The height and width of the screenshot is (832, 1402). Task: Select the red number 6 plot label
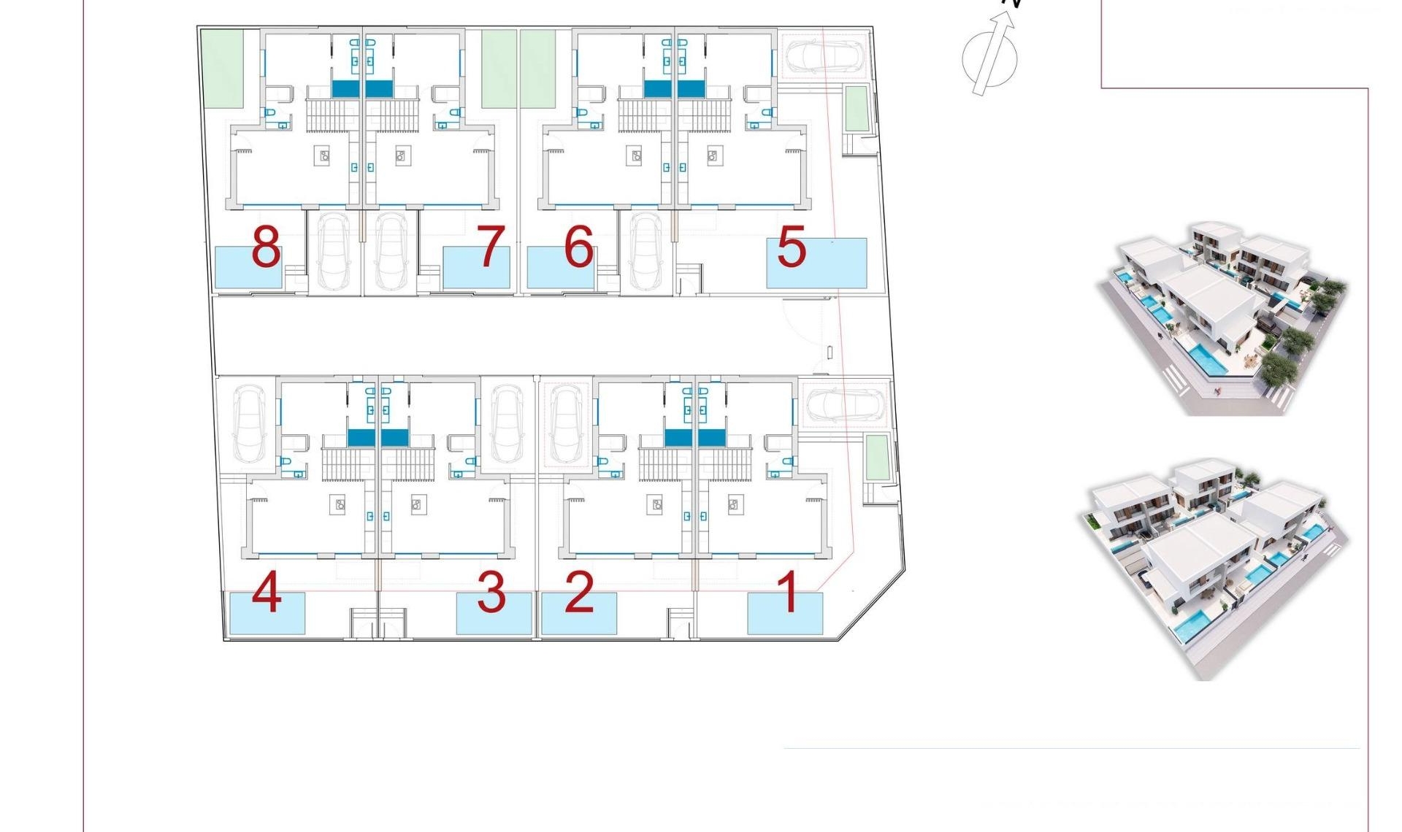579,247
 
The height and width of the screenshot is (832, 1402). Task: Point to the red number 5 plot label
792,247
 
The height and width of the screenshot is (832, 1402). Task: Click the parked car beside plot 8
333,252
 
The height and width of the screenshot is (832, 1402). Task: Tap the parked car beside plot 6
646,252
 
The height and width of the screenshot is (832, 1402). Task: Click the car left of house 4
250,425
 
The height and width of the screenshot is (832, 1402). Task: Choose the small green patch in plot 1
877,458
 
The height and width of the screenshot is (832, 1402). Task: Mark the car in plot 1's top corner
845,404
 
